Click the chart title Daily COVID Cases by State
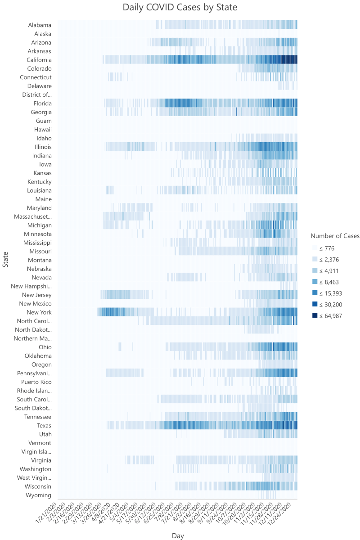(x=180, y=8)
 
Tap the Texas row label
(x=44, y=425)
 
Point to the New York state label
(x=39, y=312)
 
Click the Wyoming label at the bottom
(x=38, y=495)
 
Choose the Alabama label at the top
(x=40, y=25)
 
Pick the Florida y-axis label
(x=42, y=103)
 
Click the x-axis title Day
(x=178, y=536)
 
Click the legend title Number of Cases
(x=335, y=236)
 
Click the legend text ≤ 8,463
(x=330, y=282)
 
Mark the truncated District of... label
(x=37, y=94)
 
